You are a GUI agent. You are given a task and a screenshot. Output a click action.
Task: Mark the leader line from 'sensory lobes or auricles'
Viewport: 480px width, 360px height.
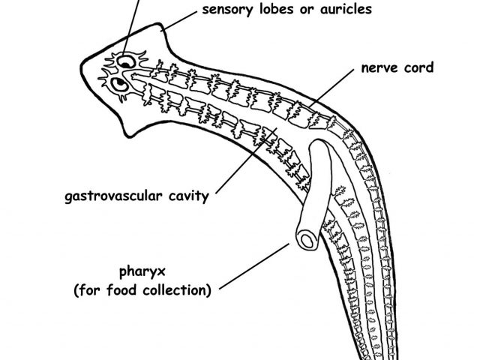click(180, 19)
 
